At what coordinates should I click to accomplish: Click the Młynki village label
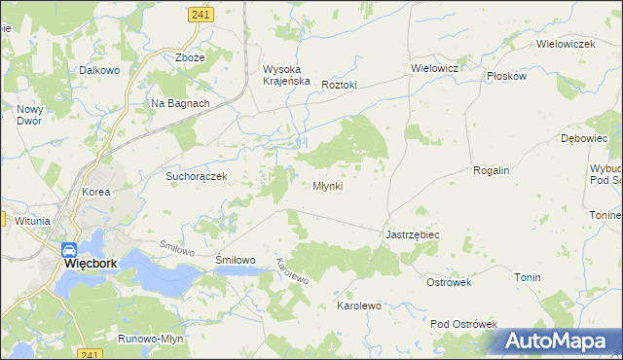(327, 186)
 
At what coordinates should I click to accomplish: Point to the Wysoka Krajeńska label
(286, 75)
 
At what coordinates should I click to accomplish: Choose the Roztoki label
(340, 85)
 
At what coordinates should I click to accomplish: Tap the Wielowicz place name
(434, 69)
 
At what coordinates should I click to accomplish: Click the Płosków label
(506, 75)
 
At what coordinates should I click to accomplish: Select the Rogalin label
(491, 170)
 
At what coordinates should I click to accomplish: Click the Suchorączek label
(197, 177)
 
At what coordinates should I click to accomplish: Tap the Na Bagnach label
(180, 103)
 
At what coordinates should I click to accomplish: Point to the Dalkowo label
(99, 70)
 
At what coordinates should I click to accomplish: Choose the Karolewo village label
(358, 306)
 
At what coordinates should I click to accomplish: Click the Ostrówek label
(449, 282)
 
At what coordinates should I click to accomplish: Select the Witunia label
(32, 221)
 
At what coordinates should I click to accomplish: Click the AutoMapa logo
(556, 342)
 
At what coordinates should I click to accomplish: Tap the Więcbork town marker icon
(69, 249)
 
